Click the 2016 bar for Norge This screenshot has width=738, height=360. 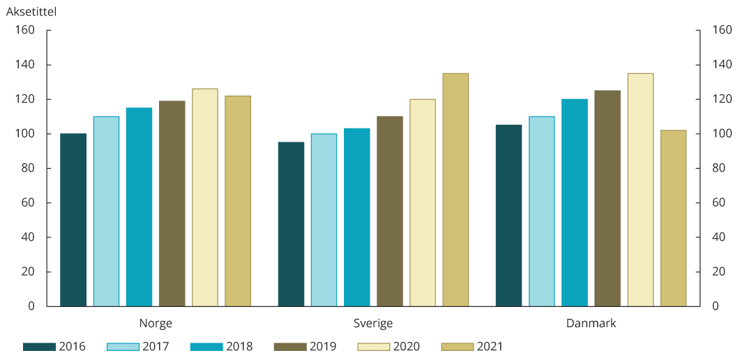coord(73,220)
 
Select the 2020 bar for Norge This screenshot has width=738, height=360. coord(205,197)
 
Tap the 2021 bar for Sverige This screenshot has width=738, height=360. coord(455,190)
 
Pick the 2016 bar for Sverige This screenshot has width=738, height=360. coord(291,224)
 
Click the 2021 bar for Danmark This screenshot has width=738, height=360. coord(673,218)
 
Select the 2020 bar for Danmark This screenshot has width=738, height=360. coord(640,190)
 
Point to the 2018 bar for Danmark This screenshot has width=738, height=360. coord(575,202)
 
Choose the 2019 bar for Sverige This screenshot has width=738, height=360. coord(390,211)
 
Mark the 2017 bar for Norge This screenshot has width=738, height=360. coord(106,211)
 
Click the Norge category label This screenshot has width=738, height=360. coord(156,324)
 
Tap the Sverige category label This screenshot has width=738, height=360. coord(373,324)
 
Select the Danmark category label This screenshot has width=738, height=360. coord(591,324)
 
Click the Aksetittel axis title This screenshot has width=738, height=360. coord(31,12)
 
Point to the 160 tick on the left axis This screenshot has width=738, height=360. coord(25,30)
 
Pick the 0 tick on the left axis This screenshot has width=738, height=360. coord(31,306)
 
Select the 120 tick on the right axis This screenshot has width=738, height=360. coord(721,99)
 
